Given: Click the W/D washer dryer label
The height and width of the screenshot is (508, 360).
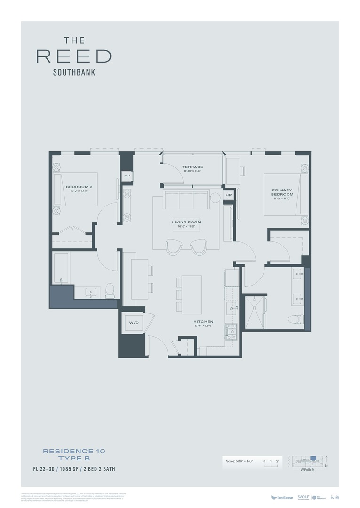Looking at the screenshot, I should pos(133,323).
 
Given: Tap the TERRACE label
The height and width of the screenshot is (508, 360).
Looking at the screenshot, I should pos(193,167).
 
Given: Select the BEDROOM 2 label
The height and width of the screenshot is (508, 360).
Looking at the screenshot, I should pos(79,187).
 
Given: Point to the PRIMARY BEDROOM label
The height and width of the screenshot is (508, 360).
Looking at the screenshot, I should pos(282,192).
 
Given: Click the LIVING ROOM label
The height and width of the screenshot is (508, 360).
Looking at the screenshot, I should pos(186,222).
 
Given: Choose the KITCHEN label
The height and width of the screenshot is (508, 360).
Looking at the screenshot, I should pos(203,322).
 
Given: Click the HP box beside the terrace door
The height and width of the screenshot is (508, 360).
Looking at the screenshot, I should pos(127,176).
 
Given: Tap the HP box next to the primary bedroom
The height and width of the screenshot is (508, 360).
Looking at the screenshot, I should pos(229,195).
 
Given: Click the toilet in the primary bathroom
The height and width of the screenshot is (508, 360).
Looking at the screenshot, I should pos(294,319).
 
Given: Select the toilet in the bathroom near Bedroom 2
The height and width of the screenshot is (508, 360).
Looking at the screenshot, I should pos(110,290).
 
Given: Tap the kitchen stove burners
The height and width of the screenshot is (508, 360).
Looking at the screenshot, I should pos(231,331).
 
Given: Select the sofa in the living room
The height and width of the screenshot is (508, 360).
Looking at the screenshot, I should pos(186,200).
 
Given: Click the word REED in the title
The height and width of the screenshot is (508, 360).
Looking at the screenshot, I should pos(74,56).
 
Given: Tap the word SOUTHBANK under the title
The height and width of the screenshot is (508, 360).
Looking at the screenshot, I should pos(74,72).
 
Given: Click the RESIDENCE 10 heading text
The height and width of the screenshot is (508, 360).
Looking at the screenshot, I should pos(74,451).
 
